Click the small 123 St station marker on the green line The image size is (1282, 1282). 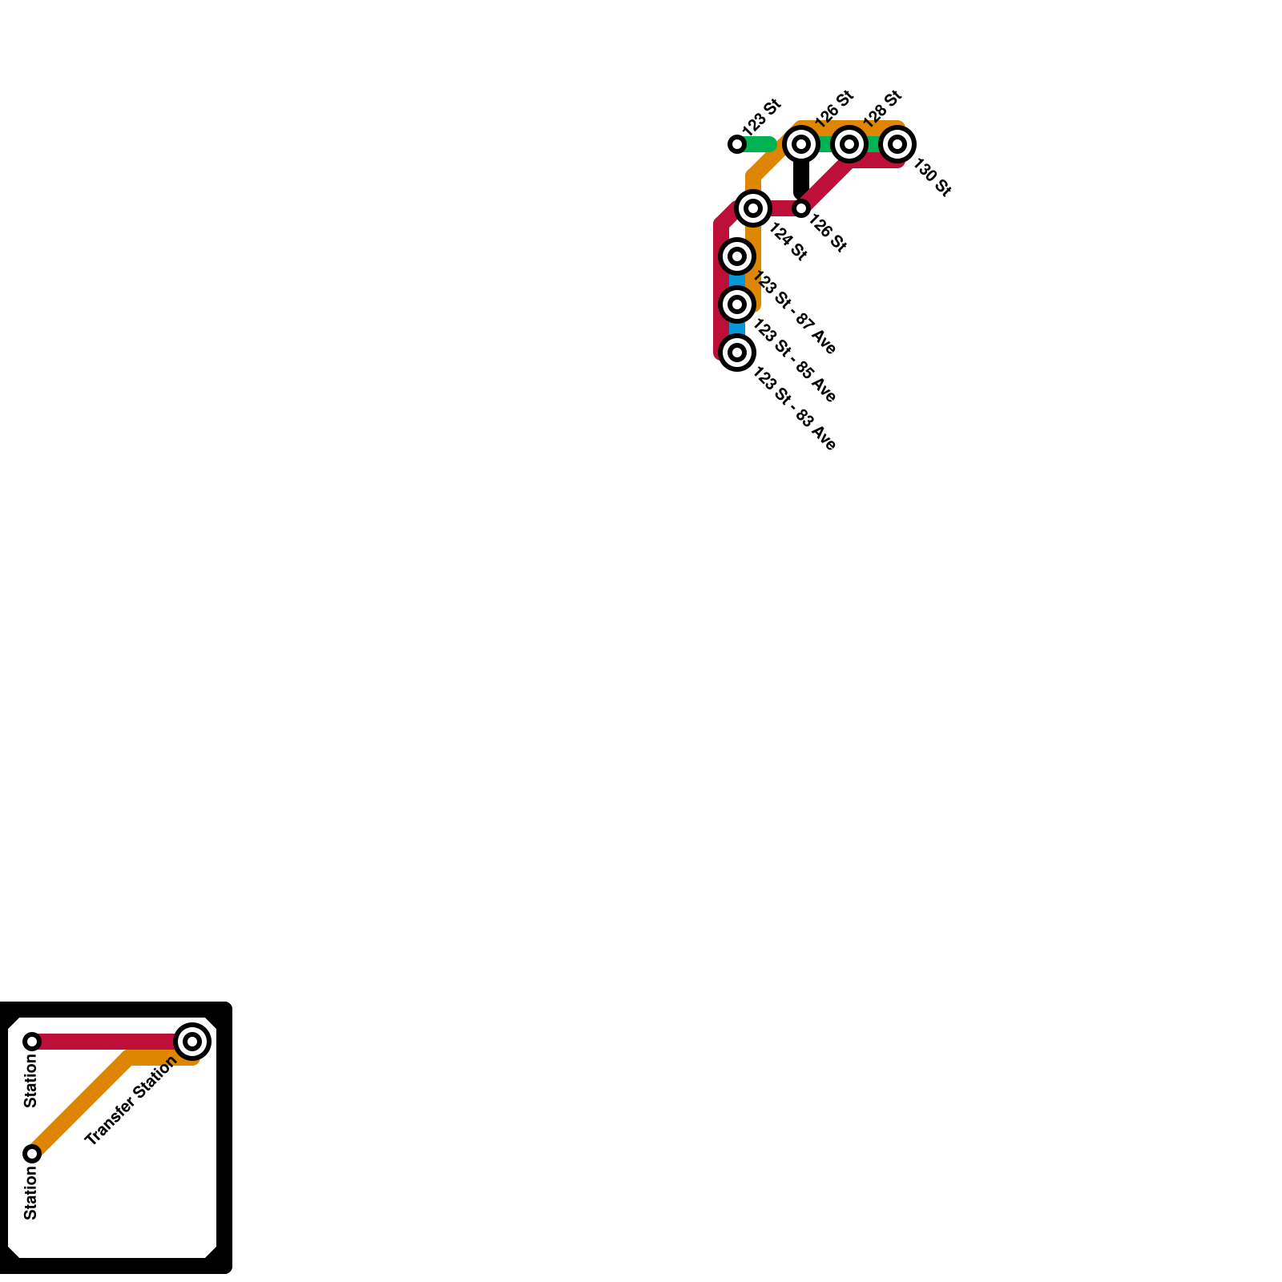click(737, 144)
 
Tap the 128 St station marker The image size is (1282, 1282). click(849, 144)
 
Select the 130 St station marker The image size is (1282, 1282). click(897, 144)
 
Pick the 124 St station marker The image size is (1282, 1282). click(753, 208)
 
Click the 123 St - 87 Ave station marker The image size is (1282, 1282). click(737, 256)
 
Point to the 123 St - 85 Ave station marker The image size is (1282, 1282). click(737, 304)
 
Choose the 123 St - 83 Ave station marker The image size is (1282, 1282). click(737, 353)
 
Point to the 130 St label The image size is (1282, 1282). click(933, 178)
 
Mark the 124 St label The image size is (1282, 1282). click(788, 241)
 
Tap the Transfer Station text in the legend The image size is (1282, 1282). click(130, 1101)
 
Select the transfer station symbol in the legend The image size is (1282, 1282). click(192, 1042)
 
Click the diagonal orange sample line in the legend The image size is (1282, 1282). click(80, 1106)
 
